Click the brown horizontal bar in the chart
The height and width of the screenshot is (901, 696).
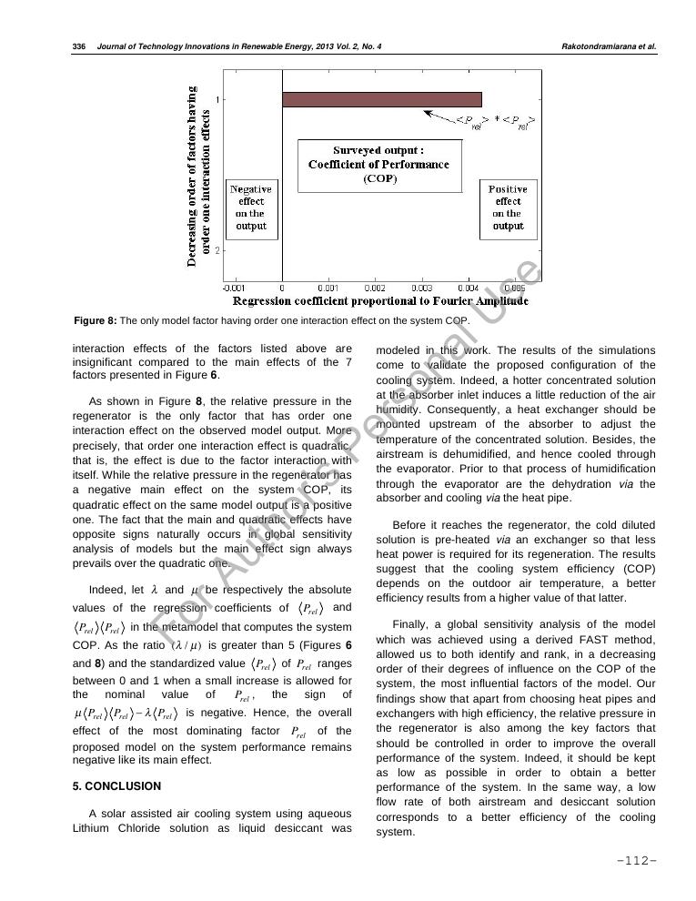coord(381,99)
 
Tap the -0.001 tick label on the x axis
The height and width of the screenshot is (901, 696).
coord(233,287)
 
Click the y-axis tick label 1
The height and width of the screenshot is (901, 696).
coord(216,98)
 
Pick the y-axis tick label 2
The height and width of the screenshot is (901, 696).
coord(216,248)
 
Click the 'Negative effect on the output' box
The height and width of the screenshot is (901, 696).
coord(251,208)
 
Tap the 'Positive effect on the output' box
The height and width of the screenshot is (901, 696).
coord(508,208)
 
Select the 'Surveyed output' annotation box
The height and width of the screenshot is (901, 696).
coord(378,165)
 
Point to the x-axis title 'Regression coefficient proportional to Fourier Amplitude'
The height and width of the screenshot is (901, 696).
coord(380,301)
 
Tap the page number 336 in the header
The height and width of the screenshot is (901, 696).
coord(78,46)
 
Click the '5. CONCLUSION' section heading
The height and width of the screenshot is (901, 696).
coord(116,786)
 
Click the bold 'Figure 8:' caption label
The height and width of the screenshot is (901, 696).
coord(96,321)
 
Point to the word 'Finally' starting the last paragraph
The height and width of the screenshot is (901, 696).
coord(411,623)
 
